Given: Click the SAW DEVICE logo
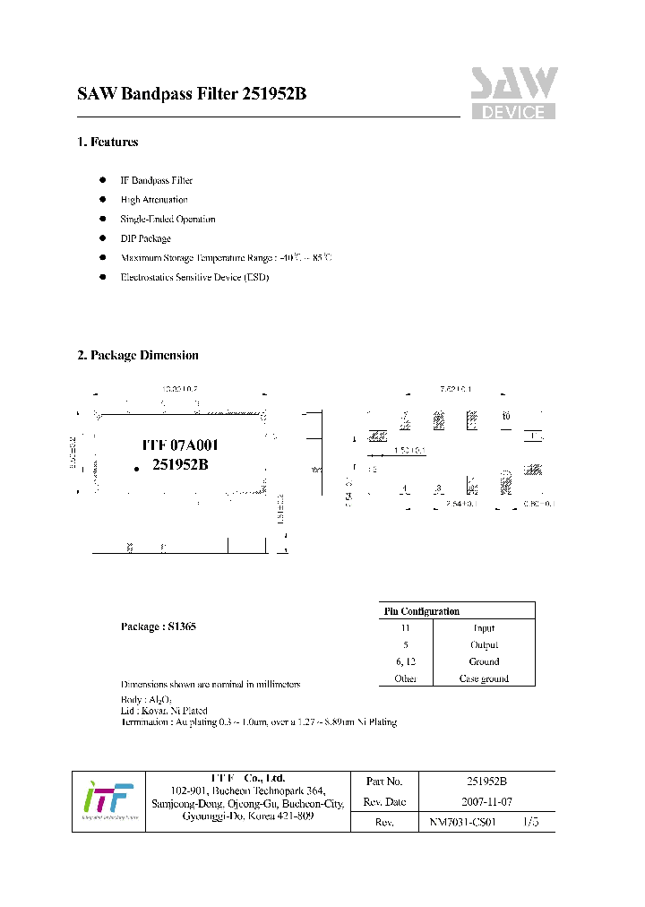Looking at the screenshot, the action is tap(514, 92).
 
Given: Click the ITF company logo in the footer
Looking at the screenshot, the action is tap(107, 801).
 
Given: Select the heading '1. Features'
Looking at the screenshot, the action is tap(107, 142).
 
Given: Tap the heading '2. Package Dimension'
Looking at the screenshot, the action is tap(138, 355).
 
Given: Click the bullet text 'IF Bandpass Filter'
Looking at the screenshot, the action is tap(157, 180).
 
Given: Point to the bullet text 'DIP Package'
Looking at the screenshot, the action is tap(145, 238).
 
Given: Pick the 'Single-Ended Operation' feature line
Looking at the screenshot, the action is tap(168, 219).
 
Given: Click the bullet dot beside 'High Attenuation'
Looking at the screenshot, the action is tap(103, 200).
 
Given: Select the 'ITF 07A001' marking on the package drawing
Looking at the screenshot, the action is tap(181, 445).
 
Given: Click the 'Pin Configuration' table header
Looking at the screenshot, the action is tap(422, 611).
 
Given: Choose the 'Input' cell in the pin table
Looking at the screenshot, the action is tap(484, 628).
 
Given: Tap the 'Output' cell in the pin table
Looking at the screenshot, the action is tap(484, 644).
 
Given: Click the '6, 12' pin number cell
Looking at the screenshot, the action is tap(406, 661).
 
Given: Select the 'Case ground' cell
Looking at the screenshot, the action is tap(484, 678).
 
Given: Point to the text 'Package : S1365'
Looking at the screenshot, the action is tap(158, 626).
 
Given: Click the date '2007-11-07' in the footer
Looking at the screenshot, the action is tap(486, 801).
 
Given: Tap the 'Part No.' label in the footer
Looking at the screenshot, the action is tap(384, 782).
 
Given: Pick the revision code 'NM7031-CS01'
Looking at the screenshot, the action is tap(462, 822).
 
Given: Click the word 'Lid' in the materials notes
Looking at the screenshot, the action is tap(127, 710).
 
